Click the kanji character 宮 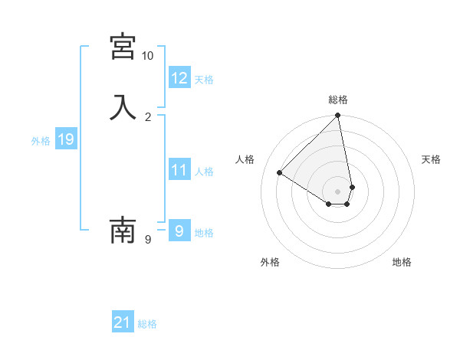click(123, 47)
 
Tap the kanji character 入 click(123, 106)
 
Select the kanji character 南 click(123, 230)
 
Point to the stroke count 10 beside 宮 click(147, 56)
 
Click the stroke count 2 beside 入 click(148, 116)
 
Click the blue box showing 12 click(179, 77)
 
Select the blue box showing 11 click(179, 170)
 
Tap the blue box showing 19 click(66, 139)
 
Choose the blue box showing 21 click(123, 322)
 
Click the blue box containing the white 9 click(179, 231)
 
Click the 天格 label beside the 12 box click(204, 80)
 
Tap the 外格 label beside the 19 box click(41, 141)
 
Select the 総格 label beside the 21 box click(147, 324)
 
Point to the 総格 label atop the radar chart click(338, 100)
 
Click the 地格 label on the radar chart click(402, 262)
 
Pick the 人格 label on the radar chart click(245, 159)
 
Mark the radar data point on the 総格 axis click(338, 116)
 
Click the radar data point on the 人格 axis click(280, 173)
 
